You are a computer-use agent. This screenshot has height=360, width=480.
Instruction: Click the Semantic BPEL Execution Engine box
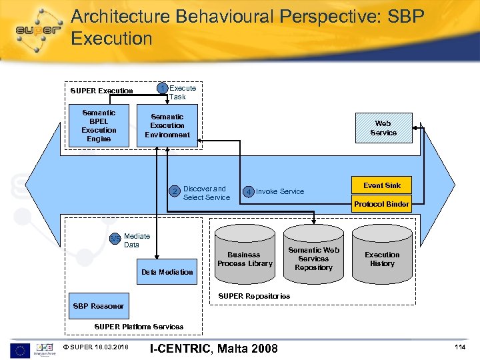point(99,126)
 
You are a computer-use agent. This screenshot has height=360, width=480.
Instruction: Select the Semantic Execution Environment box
point(167,125)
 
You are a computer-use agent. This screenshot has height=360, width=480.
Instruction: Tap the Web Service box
point(383,128)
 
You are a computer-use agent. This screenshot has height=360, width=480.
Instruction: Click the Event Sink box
point(382,185)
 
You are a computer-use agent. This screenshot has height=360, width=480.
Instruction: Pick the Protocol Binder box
point(382,204)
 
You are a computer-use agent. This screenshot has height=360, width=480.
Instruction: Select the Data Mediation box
point(167,272)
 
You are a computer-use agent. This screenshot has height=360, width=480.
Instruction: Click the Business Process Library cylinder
point(244,259)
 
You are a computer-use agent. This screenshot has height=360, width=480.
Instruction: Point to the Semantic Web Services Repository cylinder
point(313,259)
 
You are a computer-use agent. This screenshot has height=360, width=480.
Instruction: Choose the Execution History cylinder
point(382,259)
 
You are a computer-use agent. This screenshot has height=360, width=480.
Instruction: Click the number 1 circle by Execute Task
point(162,89)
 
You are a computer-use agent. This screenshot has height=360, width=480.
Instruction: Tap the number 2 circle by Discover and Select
point(175,192)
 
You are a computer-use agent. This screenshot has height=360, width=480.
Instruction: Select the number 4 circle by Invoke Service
point(248,192)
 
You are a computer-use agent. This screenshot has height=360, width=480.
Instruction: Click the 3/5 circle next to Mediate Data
point(116,238)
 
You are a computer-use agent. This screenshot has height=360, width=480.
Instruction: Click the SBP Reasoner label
point(98,306)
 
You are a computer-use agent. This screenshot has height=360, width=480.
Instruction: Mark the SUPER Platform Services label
point(139,327)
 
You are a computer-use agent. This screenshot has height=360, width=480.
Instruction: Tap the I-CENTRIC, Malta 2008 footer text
point(214,348)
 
